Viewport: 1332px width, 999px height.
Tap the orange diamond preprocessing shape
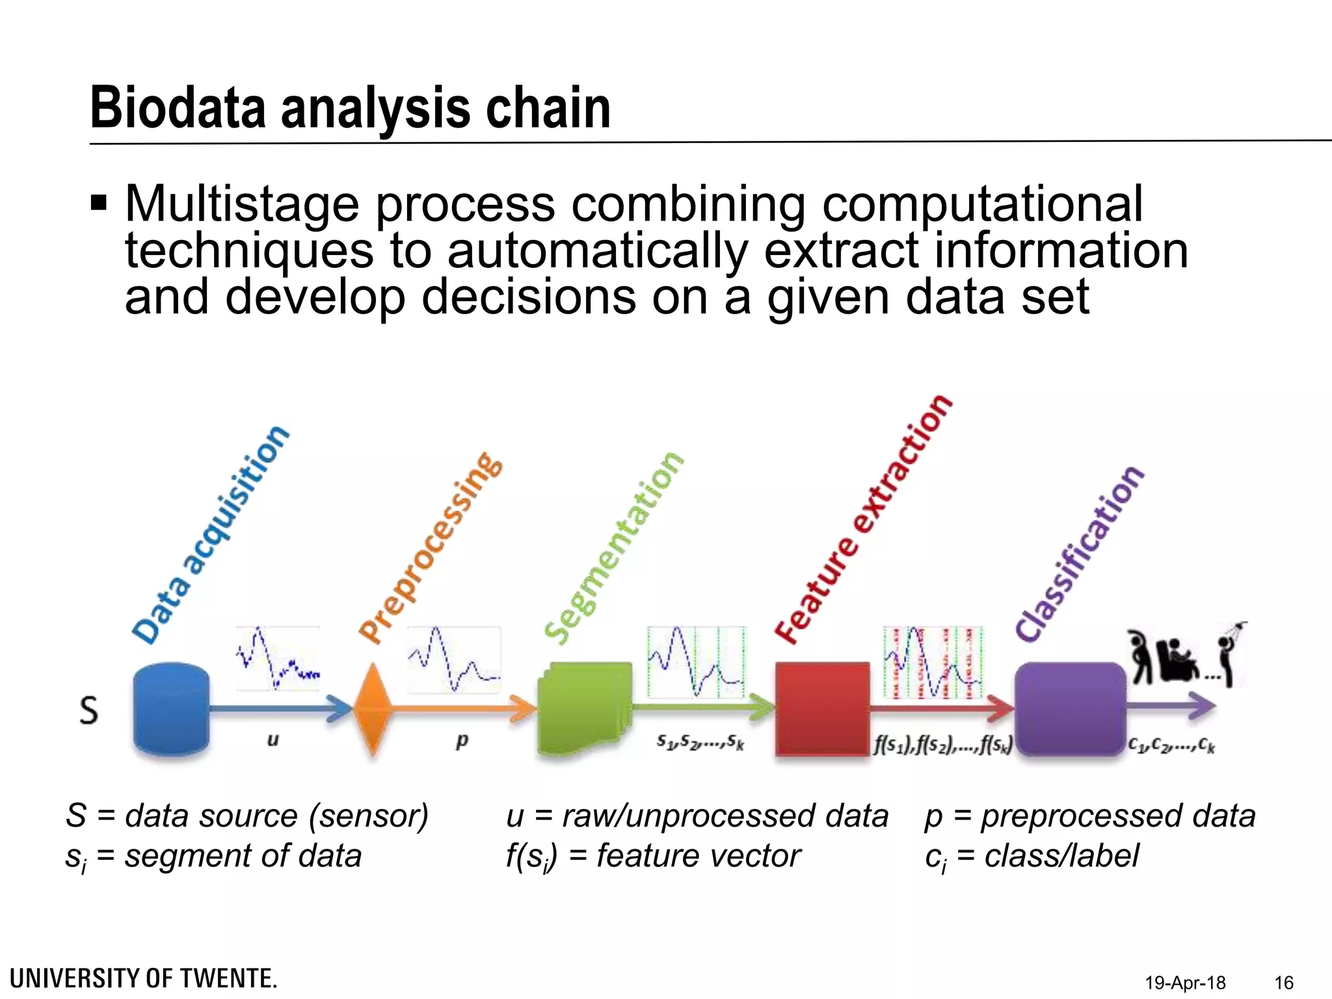click(x=372, y=709)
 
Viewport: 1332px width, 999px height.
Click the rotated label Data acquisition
click(x=210, y=535)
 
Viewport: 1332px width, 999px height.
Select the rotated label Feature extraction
click(x=864, y=519)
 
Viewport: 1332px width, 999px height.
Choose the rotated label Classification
click(x=1079, y=554)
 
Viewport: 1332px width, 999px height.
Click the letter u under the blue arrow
click(x=273, y=739)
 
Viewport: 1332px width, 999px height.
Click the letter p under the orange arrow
click(x=462, y=740)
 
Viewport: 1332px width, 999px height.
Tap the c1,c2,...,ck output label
click(x=1171, y=743)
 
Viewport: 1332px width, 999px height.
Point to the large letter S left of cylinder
click(x=89, y=710)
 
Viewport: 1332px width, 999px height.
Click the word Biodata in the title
click(x=178, y=108)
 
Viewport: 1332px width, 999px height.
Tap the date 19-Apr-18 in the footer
click(x=1185, y=982)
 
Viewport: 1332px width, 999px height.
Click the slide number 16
click(x=1284, y=982)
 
